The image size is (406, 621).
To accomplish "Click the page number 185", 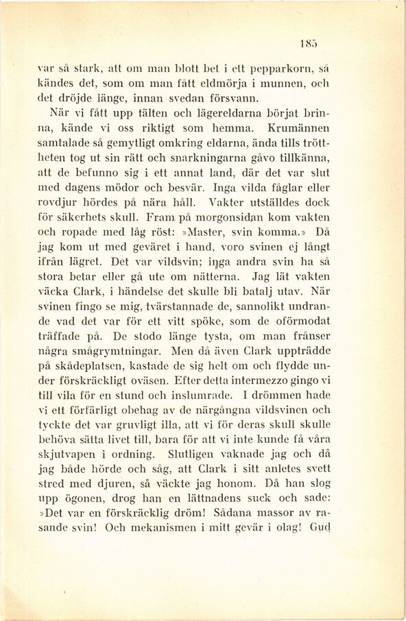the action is click(308, 44).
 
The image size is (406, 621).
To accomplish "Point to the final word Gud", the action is click(320, 528).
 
